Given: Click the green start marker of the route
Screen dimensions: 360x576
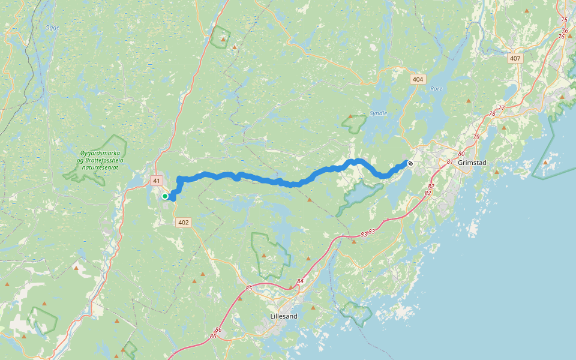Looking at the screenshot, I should (165, 196).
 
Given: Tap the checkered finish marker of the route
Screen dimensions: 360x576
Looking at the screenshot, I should (410, 163).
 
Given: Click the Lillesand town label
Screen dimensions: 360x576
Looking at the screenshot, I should (284, 316).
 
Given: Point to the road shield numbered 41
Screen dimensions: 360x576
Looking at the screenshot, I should (157, 181).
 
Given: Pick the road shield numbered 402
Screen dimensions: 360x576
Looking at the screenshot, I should (184, 223).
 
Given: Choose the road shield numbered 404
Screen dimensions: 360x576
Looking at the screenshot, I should (418, 79).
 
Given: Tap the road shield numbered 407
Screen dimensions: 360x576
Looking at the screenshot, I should (515, 59).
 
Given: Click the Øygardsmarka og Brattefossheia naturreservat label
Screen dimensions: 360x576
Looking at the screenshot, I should (101, 161).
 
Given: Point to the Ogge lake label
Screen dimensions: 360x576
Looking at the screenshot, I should (53, 28).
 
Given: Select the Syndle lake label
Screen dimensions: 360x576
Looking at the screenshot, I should (379, 113).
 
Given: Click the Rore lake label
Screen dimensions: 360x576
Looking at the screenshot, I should (436, 89).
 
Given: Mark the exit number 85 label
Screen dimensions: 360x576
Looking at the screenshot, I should (249, 289).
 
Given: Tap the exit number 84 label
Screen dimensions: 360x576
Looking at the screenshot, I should (301, 281).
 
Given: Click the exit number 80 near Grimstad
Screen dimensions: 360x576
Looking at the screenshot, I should (461, 154).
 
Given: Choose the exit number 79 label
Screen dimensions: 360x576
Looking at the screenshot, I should (476, 137).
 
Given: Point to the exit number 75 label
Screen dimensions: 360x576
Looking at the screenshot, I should (563, 20).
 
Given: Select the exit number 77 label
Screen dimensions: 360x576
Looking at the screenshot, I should (501, 107).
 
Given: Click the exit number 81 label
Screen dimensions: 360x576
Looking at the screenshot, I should (450, 161).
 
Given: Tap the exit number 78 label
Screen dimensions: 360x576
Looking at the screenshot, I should (492, 113).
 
